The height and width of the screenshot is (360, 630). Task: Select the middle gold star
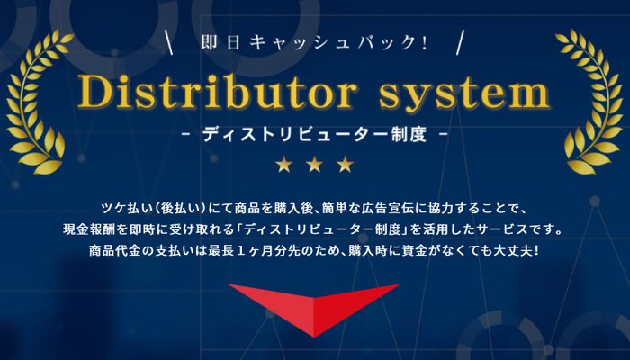tap(314, 165)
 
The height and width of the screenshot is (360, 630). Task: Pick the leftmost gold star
tap(283, 165)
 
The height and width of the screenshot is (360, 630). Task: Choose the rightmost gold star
tap(346, 165)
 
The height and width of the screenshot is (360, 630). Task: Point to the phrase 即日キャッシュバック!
tap(314, 42)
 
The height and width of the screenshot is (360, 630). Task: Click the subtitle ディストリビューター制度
tap(314, 134)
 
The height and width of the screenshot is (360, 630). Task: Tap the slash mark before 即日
tap(171, 42)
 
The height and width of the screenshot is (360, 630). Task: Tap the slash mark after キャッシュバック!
tap(460, 42)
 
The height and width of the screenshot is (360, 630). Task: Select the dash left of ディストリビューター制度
tap(184, 134)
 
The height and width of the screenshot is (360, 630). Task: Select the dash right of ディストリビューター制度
tap(444, 134)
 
